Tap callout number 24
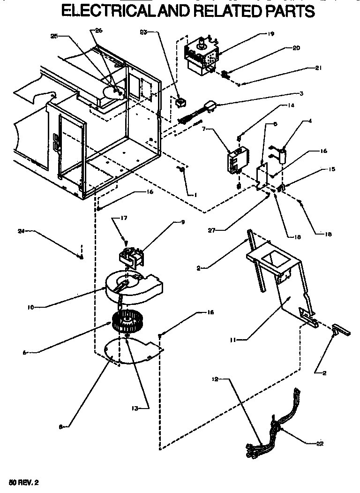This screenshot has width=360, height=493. (21, 231)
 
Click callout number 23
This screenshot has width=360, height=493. (143, 32)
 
